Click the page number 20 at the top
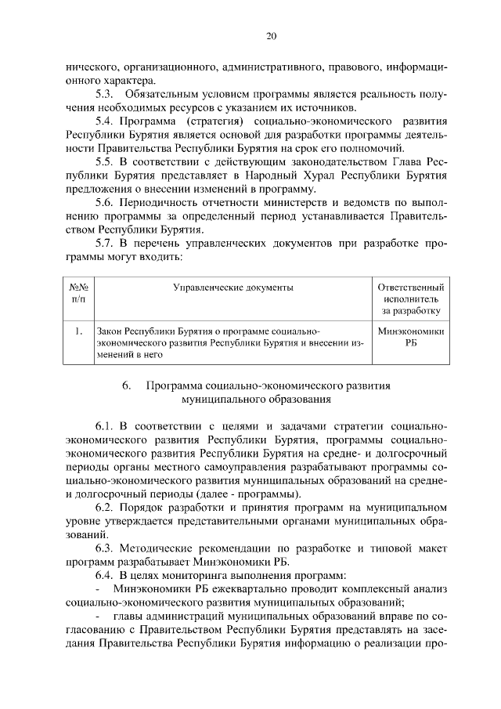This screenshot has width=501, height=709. [x=271, y=36]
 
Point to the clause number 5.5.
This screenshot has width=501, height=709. [x=106, y=161]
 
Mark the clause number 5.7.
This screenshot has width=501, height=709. [x=106, y=243]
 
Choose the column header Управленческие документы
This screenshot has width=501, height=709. [x=233, y=287]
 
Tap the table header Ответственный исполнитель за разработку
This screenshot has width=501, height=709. [x=411, y=299]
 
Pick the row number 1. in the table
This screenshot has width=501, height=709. [x=78, y=331]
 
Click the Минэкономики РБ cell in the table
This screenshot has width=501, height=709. [x=411, y=337]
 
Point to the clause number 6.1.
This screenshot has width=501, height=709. [x=106, y=426]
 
